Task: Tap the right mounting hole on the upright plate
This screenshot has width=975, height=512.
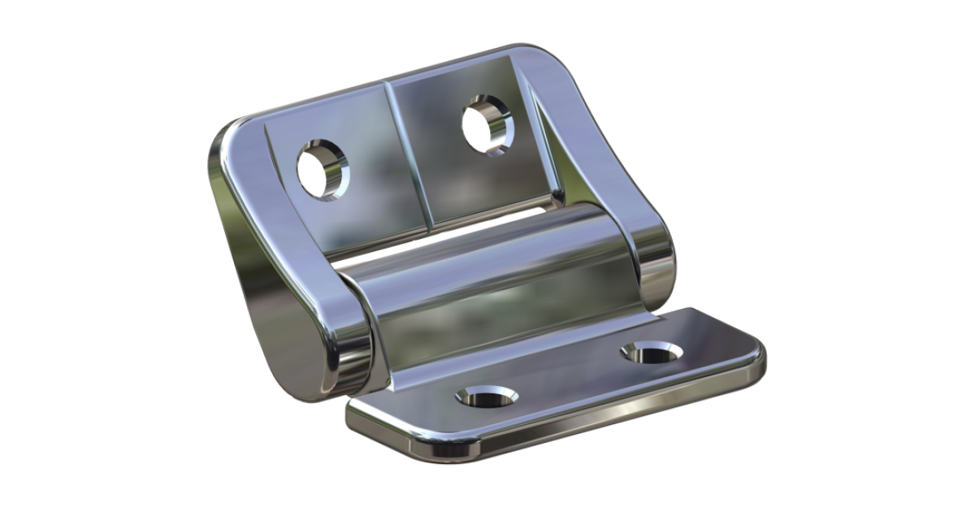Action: (x=487, y=124)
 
